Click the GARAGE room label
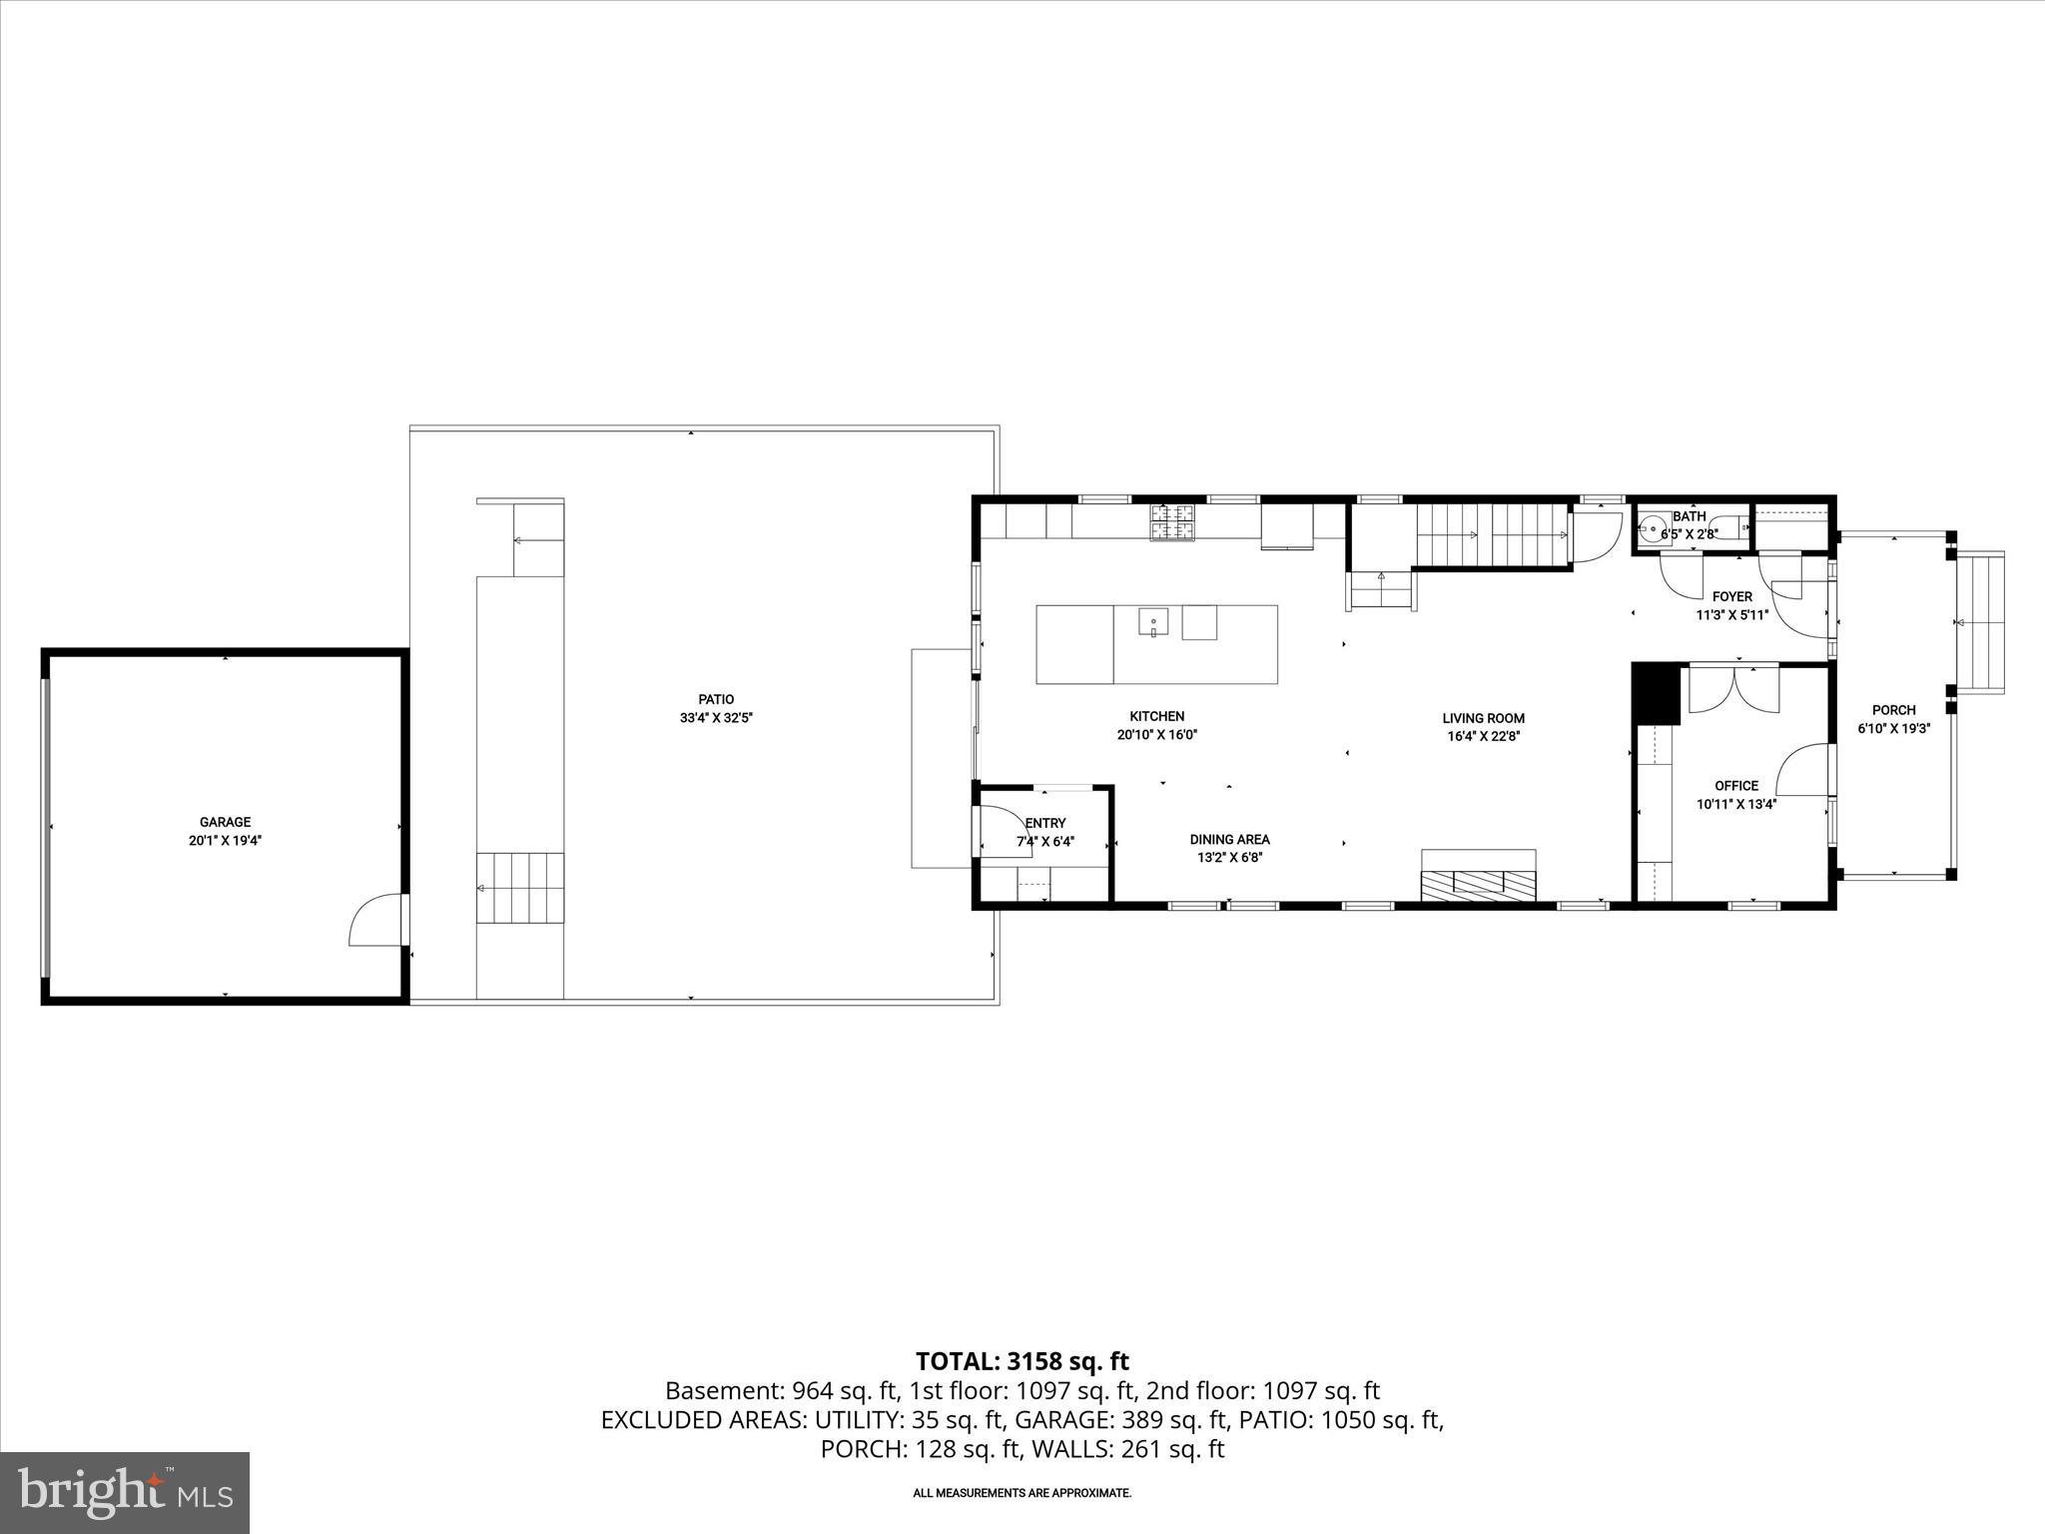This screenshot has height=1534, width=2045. (x=225, y=822)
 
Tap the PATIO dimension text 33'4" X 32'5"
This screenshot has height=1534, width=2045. (x=716, y=717)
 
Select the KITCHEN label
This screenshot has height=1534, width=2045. (x=1156, y=716)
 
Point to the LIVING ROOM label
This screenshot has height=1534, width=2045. (x=1483, y=718)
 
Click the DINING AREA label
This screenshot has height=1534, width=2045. (x=1229, y=839)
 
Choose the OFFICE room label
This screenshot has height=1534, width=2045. (x=1736, y=786)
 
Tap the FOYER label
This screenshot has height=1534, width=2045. (x=1731, y=596)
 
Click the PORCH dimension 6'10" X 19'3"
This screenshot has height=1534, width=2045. (x=1893, y=728)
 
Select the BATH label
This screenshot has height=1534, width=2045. (x=1689, y=516)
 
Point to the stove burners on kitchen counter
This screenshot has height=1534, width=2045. (x=1173, y=522)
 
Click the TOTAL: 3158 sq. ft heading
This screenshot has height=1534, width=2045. (x=1022, y=1361)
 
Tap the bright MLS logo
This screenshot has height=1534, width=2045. (x=125, y=1492)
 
